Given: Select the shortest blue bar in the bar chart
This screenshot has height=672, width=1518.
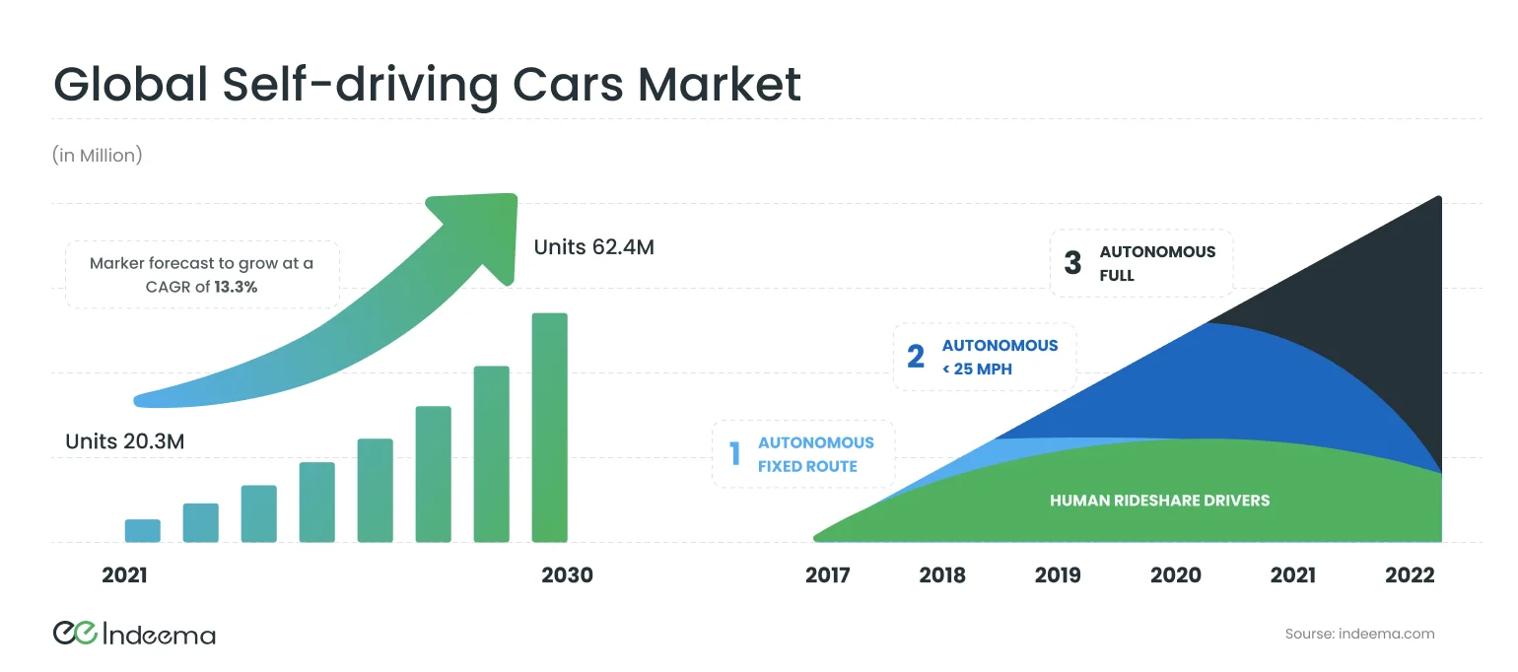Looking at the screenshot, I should pyautogui.click(x=142, y=530).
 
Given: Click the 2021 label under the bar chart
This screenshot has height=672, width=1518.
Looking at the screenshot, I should pyautogui.click(x=124, y=575).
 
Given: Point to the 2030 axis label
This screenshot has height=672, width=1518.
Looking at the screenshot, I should pyautogui.click(x=567, y=575).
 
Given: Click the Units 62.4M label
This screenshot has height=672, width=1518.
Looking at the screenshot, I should pyautogui.click(x=593, y=247).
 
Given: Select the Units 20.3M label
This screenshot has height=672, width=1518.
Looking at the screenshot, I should pyautogui.click(x=124, y=441).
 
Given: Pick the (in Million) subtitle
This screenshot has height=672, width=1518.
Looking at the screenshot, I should pyautogui.click(x=97, y=156).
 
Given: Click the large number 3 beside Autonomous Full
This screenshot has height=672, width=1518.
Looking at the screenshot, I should pyautogui.click(x=1072, y=263).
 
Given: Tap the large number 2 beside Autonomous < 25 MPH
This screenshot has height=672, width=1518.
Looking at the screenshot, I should pyautogui.click(x=916, y=357).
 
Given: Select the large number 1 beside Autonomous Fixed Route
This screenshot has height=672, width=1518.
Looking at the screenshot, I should pyautogui.click(x=734, y=454).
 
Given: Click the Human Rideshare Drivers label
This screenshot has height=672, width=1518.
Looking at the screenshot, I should pyautogui.click(x=1159, y=501).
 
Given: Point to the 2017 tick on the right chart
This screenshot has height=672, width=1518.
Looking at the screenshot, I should pyautogui.click(x=827, y=575).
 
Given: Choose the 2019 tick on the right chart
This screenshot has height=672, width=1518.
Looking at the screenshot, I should pyautogui.click(x=1058, y=575).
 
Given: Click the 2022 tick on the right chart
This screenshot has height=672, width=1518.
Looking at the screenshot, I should pyautogui.click(x=1410, y=575).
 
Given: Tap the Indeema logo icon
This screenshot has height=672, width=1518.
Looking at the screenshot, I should pyautogui.click(x=74, y=634).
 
